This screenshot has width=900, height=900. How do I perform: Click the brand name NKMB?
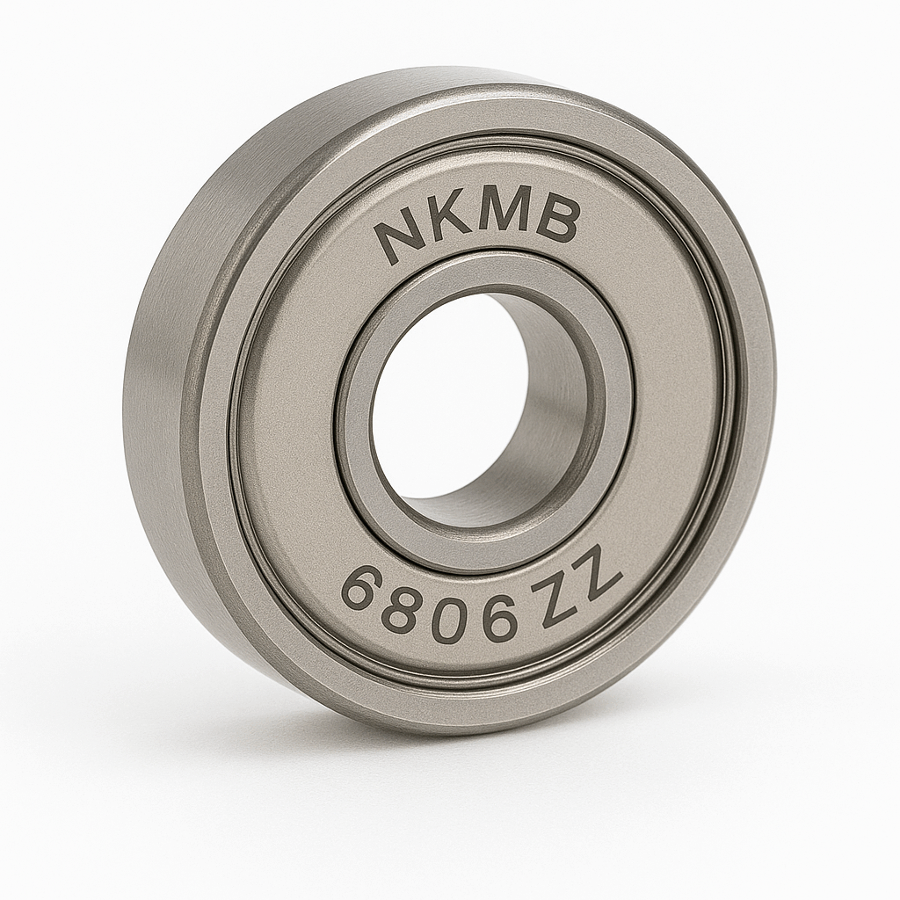click(x=477, y=224)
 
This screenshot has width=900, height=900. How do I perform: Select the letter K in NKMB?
click(x=451, y=223)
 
